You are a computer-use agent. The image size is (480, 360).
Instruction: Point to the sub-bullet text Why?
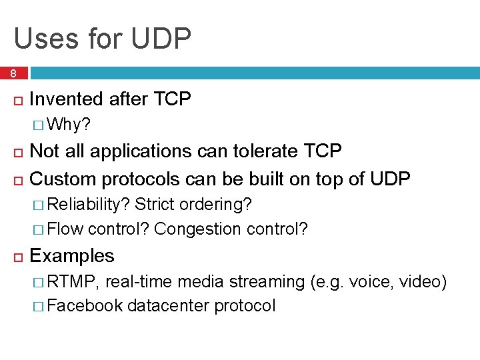[x=70, y=125]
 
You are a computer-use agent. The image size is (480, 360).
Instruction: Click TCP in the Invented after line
[x=172, y=99]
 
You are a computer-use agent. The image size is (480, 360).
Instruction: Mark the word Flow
[x=65, y=229]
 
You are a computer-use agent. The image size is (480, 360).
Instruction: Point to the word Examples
[x=72, y=256]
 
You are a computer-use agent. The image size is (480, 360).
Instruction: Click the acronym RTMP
[x=73, y=282]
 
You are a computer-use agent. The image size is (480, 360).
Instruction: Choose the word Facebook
[x=85, y=306]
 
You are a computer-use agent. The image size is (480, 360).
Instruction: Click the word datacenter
[x=168, y=306]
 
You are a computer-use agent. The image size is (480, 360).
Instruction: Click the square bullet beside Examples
[x=18, y=257]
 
